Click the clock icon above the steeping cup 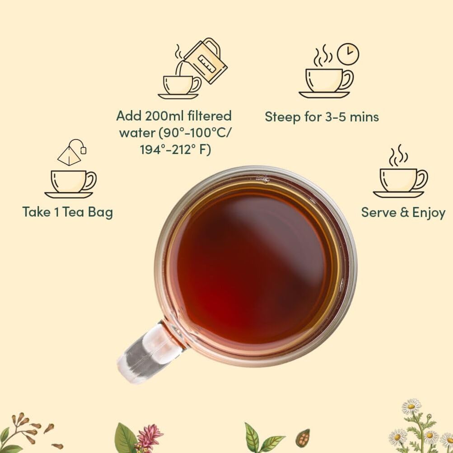348,54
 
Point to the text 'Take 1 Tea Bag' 68,212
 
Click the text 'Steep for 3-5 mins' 322,117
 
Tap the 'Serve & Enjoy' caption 403,212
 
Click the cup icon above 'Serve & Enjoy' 401,181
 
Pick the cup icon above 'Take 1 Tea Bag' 71,182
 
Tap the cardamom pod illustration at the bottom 302,438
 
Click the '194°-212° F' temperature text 175,149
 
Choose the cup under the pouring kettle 179,85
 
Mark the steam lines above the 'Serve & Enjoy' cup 398,156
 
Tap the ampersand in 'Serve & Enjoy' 405,212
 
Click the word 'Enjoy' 428,213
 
